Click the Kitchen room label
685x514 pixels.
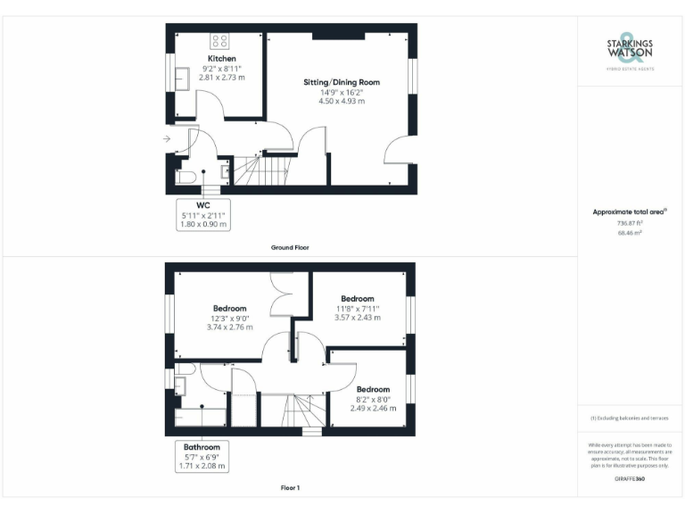click(x=222, y=58)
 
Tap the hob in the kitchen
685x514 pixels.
click(x=220, y=41)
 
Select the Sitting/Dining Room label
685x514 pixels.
click(x=342, y=82)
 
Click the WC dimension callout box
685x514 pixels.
click(x=204, y=214)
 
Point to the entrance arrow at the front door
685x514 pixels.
click(x=168, y=139)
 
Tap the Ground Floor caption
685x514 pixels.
click(x=290, y=247)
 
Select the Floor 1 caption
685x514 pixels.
click(x=290, y=488)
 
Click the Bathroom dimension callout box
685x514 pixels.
click(x=202, y=456)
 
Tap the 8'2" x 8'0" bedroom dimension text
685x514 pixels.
click(x=373, y=399)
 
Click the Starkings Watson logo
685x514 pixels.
click(x=631, y=52)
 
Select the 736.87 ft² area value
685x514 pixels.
click(x=631, y=223)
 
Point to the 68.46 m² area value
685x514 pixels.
click(x=631, y=232)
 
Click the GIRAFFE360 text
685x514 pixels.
click(x=630, y=479)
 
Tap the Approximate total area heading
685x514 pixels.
click(x=630, y=211)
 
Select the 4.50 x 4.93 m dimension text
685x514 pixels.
click(x=342, y=101)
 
